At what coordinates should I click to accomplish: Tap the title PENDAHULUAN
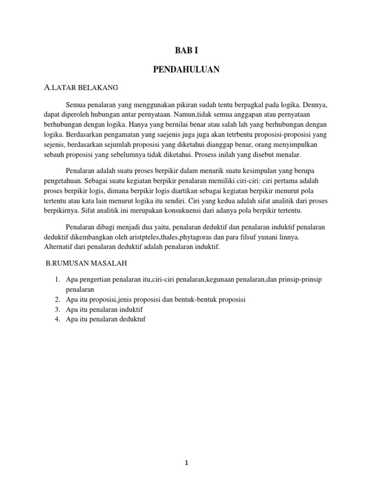tap(186, 70)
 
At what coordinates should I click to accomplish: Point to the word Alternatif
tap(57, 248)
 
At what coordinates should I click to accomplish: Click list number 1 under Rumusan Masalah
tap(57, 280)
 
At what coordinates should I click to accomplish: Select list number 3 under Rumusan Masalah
tap(57, 309)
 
